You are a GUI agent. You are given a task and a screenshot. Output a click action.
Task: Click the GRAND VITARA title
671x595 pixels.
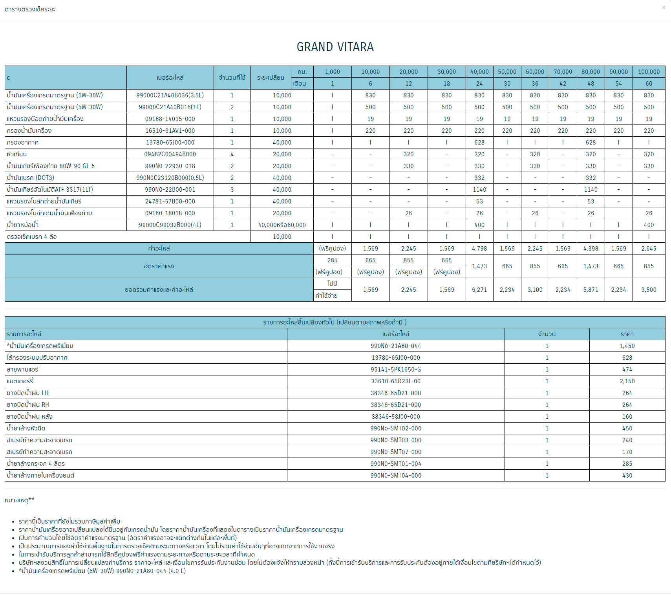335,47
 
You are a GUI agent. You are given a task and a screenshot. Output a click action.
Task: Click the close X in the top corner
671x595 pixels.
664,7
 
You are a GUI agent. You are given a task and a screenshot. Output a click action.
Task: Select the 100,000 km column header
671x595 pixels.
649,72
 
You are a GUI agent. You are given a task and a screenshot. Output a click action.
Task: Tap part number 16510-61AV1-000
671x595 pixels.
170,131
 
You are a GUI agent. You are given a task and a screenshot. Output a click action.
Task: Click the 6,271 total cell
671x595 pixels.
479,290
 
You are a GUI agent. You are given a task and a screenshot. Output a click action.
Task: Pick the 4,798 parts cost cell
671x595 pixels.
479,249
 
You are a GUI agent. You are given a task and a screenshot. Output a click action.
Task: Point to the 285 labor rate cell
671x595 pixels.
332,260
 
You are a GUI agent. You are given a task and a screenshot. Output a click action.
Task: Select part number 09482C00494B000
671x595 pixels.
170,154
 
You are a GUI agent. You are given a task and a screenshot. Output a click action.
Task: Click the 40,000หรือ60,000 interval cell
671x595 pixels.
282,225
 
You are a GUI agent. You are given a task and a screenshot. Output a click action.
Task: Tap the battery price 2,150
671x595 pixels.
627,381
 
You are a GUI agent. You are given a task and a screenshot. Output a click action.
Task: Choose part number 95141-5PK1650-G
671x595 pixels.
396,370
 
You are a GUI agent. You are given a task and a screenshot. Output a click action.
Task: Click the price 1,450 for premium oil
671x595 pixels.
627,346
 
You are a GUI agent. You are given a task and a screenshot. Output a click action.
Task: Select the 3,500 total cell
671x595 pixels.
649,290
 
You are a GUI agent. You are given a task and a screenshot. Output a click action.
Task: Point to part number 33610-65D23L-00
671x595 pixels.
396,381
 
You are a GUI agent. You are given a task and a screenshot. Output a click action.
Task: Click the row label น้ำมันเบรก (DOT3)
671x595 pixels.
31,178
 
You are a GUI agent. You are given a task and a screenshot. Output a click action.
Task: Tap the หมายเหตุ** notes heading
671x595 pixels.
19,500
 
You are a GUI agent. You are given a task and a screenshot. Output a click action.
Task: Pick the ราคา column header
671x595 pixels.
627,334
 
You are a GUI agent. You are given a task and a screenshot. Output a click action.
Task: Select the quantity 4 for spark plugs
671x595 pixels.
232,154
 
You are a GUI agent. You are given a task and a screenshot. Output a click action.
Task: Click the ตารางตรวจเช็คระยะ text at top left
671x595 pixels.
30,9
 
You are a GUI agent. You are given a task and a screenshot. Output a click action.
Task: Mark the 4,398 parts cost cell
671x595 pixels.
591,249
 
